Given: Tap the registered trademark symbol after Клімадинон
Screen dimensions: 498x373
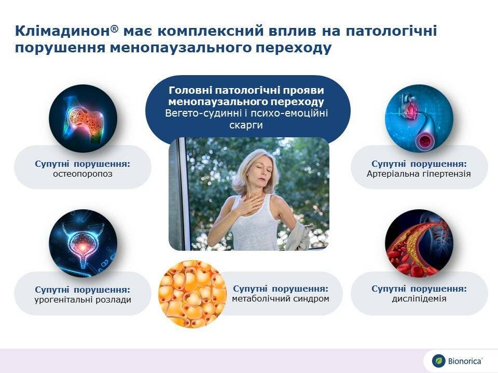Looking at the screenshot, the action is (115, 28).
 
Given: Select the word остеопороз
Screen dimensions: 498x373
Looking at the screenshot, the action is (82, 174).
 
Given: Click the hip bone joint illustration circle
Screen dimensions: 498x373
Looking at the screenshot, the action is (83, 118).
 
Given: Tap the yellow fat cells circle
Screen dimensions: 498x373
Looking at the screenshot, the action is (192, 294).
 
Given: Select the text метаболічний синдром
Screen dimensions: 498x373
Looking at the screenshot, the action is (281, 298).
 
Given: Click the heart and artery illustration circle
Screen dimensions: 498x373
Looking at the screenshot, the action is (419, 118).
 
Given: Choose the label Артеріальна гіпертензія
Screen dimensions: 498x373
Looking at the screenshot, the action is (419, 174).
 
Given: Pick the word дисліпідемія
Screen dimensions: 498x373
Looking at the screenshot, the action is (419, 298).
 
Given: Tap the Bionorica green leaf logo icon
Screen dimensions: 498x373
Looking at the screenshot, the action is (439, 361).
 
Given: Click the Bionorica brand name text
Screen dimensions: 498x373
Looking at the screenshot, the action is (465, 361).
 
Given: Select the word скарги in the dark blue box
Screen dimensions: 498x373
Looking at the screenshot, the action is (246, 125).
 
